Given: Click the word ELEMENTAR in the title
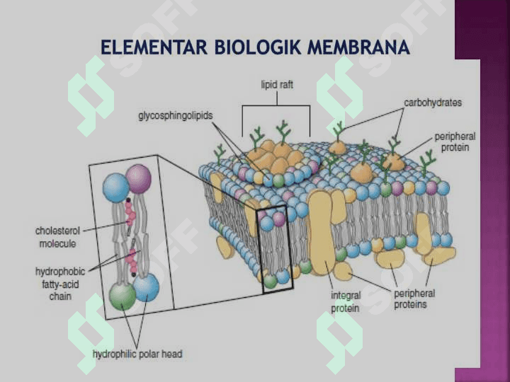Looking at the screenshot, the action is pos(154,47).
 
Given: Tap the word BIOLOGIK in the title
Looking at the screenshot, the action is pos(257,47).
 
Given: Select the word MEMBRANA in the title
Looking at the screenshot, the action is pos(358,47).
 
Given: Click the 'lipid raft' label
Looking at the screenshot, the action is pos(277,85).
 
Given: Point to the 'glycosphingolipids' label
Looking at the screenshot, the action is pos(176,116).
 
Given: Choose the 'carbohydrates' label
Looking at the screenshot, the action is pos(433,103).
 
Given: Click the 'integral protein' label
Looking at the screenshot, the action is pos(346,302).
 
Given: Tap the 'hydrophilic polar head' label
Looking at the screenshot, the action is pos(137,354).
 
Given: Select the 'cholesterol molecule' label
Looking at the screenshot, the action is pos(57,237).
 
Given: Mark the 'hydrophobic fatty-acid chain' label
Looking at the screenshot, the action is pos(60,284).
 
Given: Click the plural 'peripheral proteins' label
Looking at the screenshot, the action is pos(414,299).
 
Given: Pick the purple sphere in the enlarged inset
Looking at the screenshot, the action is pos(138,179).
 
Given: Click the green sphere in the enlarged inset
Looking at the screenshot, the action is pos(122,296).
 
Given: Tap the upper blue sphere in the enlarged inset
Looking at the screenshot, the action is pos(116,187).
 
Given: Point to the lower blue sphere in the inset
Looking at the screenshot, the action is pos(147,287).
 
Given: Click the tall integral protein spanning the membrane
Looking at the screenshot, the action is pos(322,231).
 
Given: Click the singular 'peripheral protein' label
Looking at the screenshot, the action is pos(455,142).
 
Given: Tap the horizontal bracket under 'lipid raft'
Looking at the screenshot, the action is pos(276,105).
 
